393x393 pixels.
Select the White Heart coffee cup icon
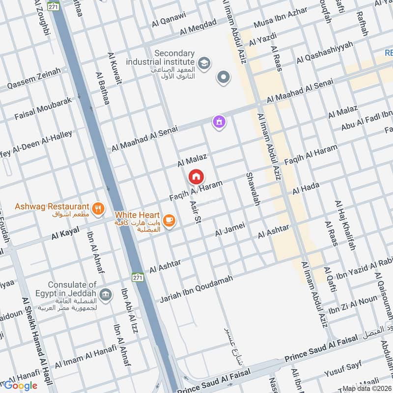coord(169,220)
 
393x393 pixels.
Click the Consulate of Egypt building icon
coord(105,294)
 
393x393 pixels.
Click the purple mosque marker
coord(219,121)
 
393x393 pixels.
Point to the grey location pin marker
coord(224,77)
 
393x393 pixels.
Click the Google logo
coord(20,386)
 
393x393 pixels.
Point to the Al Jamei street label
coord(229,228)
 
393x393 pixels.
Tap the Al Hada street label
coord(306,188)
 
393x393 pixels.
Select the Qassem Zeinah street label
coord(34,80)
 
